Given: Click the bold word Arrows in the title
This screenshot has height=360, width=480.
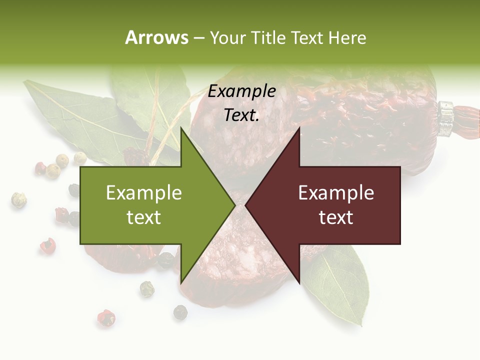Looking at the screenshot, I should [156, 37].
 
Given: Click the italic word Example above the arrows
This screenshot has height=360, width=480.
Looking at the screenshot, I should [242, 91].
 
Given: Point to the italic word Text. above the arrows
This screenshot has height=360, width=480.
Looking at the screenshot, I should [242, 115].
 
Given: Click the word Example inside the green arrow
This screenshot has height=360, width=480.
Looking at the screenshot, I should [144, 193].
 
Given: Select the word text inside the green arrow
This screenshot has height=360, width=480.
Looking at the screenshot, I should [144, 217].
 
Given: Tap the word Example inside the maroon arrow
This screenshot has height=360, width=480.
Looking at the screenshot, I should [336, 193].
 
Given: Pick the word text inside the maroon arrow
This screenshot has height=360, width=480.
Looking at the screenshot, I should [336, 217].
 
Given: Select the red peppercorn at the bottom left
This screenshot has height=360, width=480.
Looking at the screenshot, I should [106, 317].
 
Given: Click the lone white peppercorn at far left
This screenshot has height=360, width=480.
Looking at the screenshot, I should [18, 199].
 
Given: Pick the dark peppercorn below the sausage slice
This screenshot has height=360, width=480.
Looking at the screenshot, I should [180, 312].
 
